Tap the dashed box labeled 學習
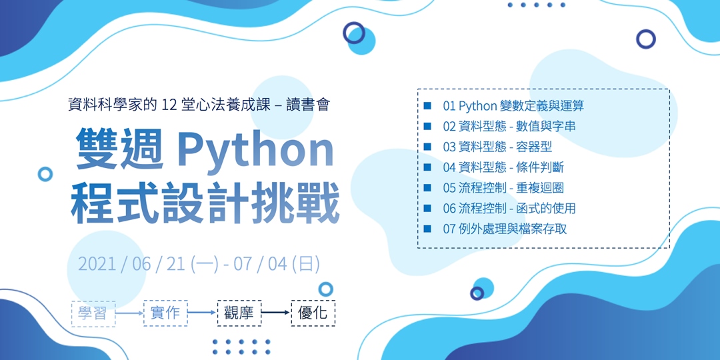[93, 313]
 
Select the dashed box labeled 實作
[165, 313]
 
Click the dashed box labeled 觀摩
[238, 313]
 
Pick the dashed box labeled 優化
[313, 313]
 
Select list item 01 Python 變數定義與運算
[513, 105]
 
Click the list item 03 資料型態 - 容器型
[497, 147]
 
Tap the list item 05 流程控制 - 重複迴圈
[503, 188]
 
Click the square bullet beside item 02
[427, 126]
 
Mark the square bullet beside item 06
[427, 208]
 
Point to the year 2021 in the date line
[96, 263]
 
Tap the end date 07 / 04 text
[260, 263]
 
